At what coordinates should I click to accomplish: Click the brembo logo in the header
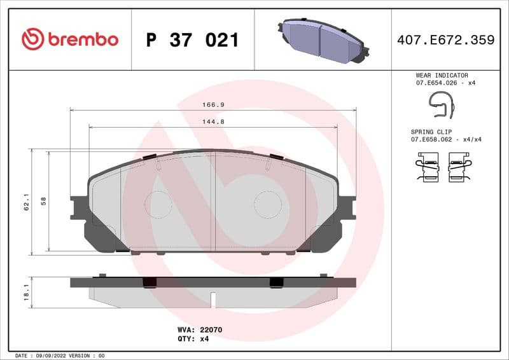[69, 39]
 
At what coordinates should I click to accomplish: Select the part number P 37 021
[192, 40]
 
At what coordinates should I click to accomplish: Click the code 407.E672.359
[445, 40]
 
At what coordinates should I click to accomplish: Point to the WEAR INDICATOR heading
[442, 75]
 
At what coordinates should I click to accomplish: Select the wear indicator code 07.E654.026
[436, 83]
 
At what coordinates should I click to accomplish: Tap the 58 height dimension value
[43, 201]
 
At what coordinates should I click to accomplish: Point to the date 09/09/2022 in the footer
[48, 355]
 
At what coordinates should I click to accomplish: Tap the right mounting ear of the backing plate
[346, 209]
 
